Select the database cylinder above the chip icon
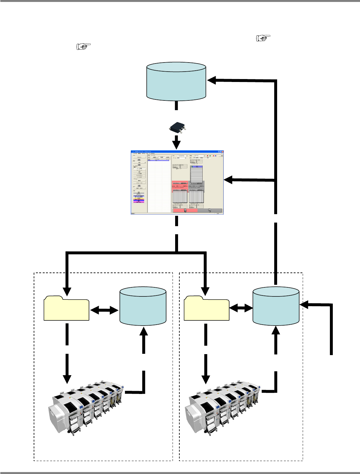(176, 81)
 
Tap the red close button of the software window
(222, 152)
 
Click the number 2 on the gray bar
(209, 211)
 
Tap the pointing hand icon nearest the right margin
(263, 38)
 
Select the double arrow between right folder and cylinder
(241, 308)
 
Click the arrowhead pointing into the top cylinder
(212, 80)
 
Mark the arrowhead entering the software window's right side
(229, 180)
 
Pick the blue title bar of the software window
(175, 152)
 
